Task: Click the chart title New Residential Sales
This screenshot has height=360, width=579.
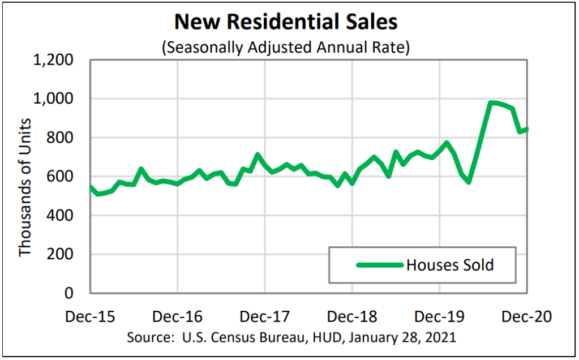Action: (x=286, y=23)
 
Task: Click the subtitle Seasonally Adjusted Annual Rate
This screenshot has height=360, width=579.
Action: (x=286, y=48)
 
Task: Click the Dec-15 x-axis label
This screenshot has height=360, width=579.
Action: (x=91, y=316)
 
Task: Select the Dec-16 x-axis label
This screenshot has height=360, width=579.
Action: (x=178, y=316)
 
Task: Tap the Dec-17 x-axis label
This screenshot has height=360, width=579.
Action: (x=265, y=316)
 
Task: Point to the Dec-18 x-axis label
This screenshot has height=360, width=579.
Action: (x=352, y=316)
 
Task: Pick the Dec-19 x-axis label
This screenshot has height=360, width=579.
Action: (x=440, y=316)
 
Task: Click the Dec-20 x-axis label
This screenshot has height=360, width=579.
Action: (x=527, y=316)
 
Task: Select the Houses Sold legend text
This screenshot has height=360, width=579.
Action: (x=450, y=265)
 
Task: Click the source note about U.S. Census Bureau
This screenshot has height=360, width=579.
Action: (x=291, y=338)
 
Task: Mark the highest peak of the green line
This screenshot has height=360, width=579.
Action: (x=491, y=103)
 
